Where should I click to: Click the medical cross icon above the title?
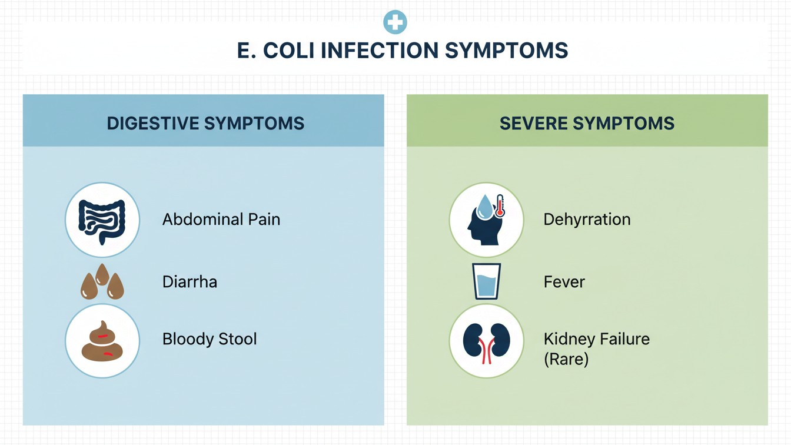(395, 22)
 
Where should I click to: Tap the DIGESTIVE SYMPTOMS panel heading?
(205, 124)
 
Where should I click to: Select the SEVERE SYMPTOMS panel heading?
(587, 124)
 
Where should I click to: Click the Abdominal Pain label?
(221, 220)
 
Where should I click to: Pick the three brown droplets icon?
(102, 282)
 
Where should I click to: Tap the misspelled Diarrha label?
(190, 282)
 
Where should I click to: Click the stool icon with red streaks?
(102, 341)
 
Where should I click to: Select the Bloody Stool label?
(210, 339)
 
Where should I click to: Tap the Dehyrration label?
(587, 220)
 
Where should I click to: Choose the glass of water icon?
(487, 281)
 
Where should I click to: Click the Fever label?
(564, 282)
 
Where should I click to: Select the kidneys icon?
(487, 342)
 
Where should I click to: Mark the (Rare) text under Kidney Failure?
(566, 359)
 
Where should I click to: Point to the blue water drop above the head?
(485, 207)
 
